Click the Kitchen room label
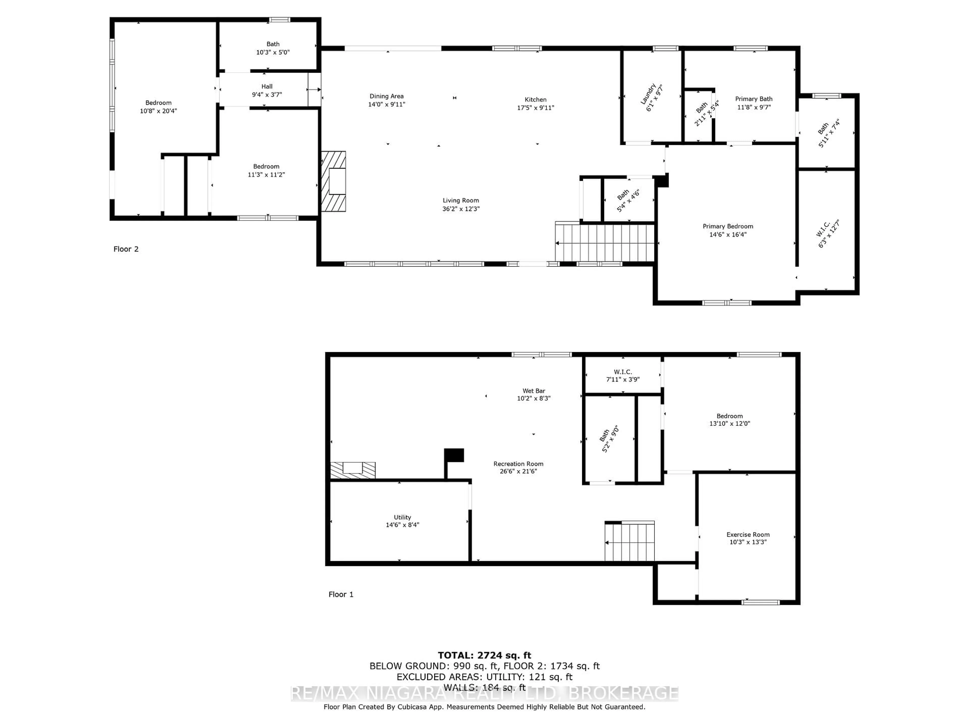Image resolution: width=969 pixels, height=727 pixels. click(x=535, y=99)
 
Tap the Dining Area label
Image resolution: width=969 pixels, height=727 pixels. click(x=386, y=96)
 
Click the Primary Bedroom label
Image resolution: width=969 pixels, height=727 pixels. click(x=728, y=226)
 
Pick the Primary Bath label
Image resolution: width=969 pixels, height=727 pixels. click(x=753, y=99)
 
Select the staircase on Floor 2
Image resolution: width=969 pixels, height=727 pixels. click(x=605, y=242)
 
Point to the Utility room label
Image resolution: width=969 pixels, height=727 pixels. click(x=402, y=517)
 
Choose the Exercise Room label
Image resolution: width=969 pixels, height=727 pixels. click(x=748, y=534)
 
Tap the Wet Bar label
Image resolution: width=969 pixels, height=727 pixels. click(x=533, y=391)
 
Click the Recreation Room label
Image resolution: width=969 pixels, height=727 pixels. click(x=518, y=464)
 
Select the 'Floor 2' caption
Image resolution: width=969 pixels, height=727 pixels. click(x=126, y=249)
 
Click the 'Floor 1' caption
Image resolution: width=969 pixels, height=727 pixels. click(x=341, y=594)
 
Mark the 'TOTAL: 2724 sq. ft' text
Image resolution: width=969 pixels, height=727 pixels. click(x=484, y=655)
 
